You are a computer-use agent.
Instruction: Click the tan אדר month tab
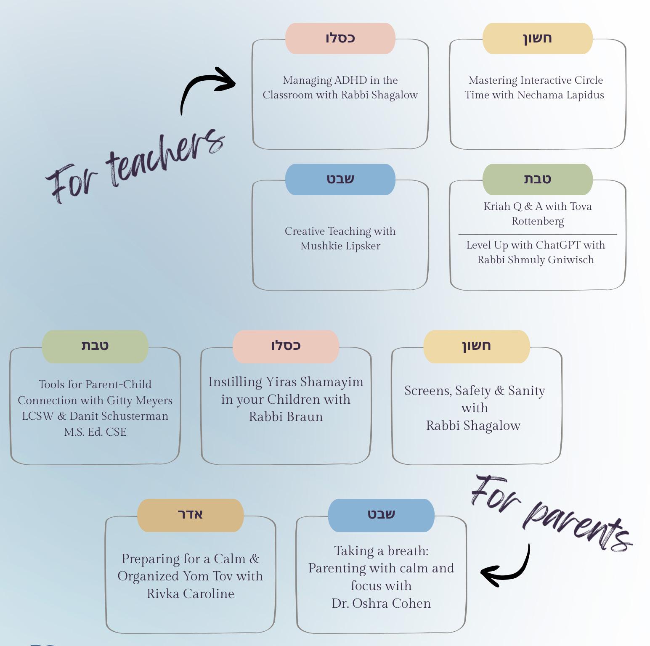[190, 515]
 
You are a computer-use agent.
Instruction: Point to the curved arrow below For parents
[507, 568]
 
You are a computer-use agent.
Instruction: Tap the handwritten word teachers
[166, 158]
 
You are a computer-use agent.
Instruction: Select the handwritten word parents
[576, 526]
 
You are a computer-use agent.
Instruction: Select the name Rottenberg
[538, 221]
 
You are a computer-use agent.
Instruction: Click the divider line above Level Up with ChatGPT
[538, 234]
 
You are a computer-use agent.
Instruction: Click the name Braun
[306, 417]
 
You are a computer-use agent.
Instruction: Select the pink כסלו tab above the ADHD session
[340, 38]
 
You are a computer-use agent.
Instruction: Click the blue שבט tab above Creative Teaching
[340, 179]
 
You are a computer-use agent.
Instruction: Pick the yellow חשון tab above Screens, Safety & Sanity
[476, 346]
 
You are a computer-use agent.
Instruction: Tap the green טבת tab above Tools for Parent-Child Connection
[95, 346]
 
